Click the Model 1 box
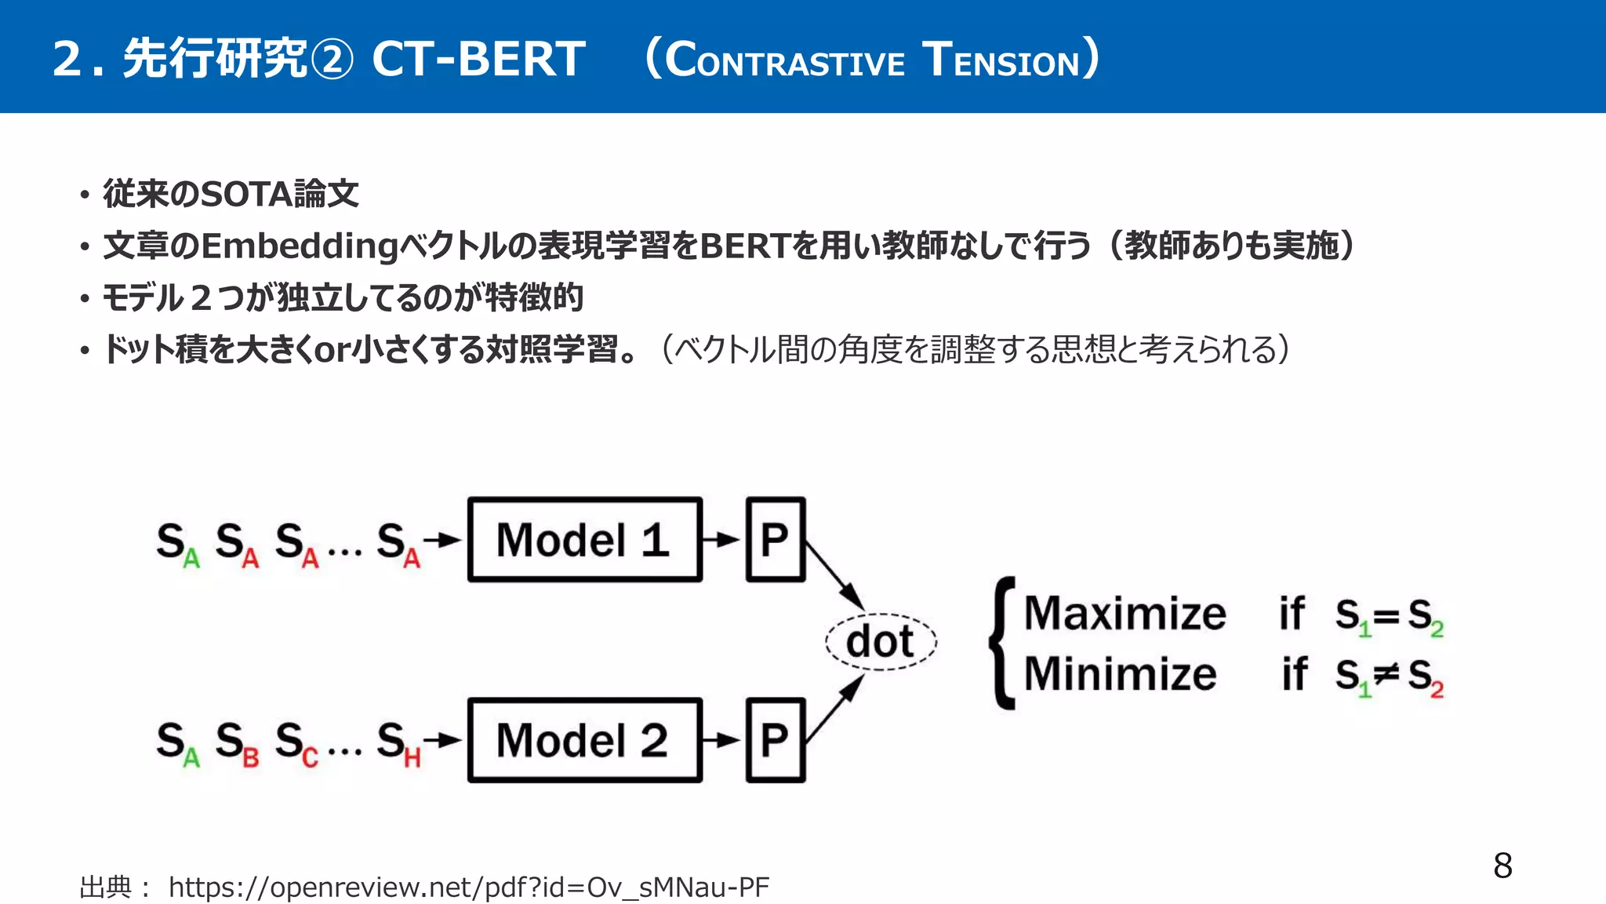point(584,540)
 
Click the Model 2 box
point(584,740)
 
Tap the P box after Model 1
point(775,540)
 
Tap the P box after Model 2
point(775,740)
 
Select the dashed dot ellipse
point(881,641)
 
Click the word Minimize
point(1120,674)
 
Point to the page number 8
point(1502,866)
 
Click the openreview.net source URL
point(468,888)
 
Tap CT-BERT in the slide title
point(478,59)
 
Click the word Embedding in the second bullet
point(300,246)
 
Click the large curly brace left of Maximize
point(1002,643)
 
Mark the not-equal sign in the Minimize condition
point(1386,673)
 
